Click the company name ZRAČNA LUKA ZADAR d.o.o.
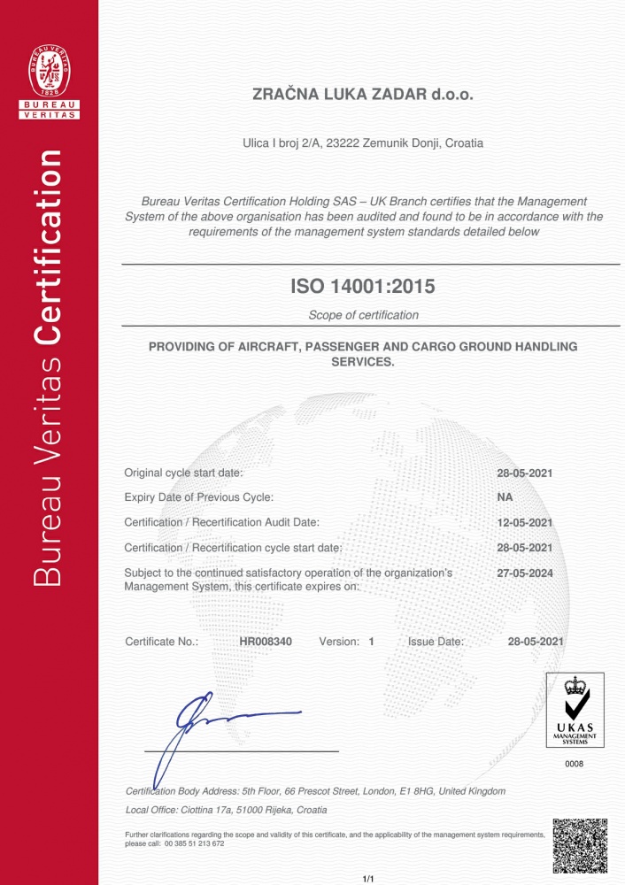click(x=364, y=96)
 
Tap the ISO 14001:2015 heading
click(x=364, y=286)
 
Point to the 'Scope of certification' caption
click(x=363, y=315)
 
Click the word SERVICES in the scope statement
click(x=363, y=362)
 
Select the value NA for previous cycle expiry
click(x=505, y=497)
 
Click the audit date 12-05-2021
click(x=525, y=522)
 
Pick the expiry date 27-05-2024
click(x=525, y=573)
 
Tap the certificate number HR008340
click(x=266, y=641)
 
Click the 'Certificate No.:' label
click(x=162, y=641)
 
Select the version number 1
click(x=372, y=641)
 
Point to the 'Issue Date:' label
click(x=436, y=641)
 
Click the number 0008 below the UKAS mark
click(x=575, y=762)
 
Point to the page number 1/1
click(x=369, y=878)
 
